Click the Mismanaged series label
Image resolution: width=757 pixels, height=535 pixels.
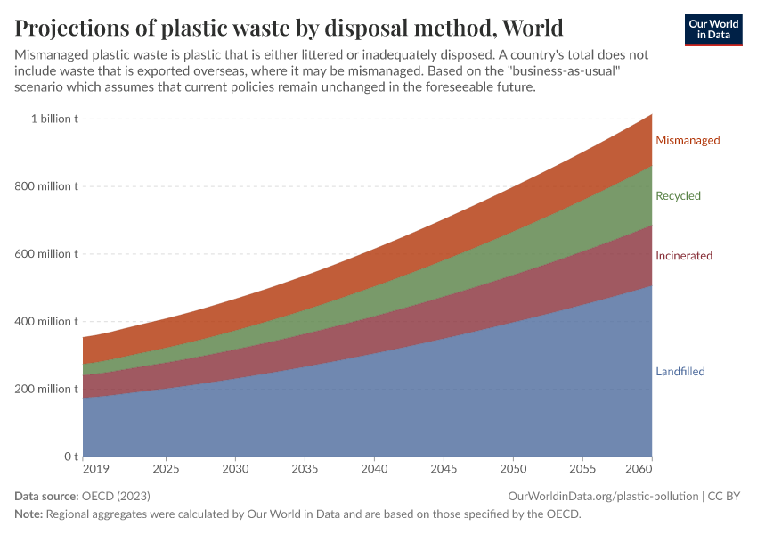[688, 140]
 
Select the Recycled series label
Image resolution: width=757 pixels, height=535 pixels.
[678, 195]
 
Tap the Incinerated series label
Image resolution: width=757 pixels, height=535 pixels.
[684, 256]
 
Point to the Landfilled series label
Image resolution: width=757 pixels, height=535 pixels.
[680, 372]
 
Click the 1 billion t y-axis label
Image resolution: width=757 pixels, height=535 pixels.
[54, 119]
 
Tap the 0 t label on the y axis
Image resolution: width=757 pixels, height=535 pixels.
[69, 457]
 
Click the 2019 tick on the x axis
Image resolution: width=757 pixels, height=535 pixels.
[95, 469]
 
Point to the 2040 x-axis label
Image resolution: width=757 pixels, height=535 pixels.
[375, 469]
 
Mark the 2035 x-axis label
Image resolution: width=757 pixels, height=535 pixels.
[305, 469]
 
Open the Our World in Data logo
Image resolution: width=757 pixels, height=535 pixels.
[713, 29]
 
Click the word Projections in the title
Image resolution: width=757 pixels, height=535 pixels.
[77, 25]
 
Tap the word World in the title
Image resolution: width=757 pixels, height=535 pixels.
[533, 25]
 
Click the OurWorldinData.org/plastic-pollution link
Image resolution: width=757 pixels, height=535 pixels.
[603, 496]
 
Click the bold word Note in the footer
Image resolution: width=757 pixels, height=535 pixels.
[28, 514]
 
